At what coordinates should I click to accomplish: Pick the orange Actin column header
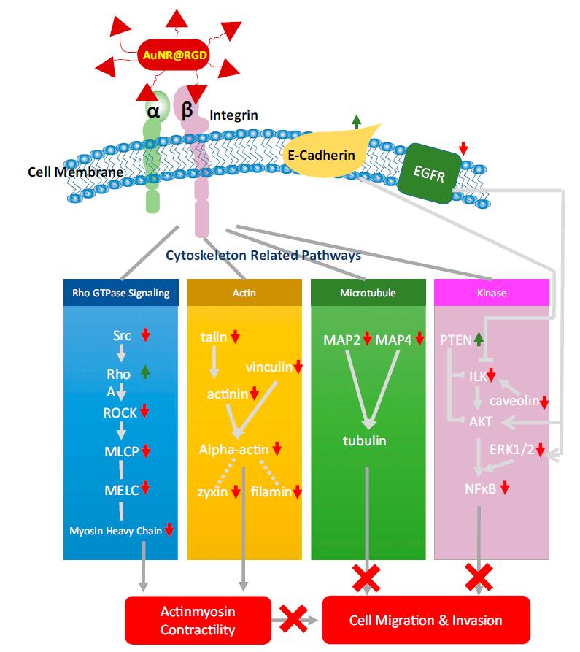tap(244, 293)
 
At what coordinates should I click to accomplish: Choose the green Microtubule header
tap(368, 293)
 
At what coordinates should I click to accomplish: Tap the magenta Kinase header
tap(492, 293)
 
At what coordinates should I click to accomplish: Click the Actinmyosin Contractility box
tap(198, 621)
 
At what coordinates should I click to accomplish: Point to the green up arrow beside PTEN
tap(479, 339)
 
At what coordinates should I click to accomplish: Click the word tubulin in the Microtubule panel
tap(365, 440)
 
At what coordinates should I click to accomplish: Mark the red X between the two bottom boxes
tap(293, 621)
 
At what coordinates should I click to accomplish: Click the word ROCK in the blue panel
tap(119, 411)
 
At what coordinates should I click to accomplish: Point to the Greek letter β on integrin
tap(187, 110)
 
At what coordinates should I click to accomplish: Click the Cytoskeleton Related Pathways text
tap(263, 256)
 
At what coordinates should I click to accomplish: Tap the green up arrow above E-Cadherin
tap(356, 122)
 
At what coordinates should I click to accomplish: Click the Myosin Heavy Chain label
tap(116, 531)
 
